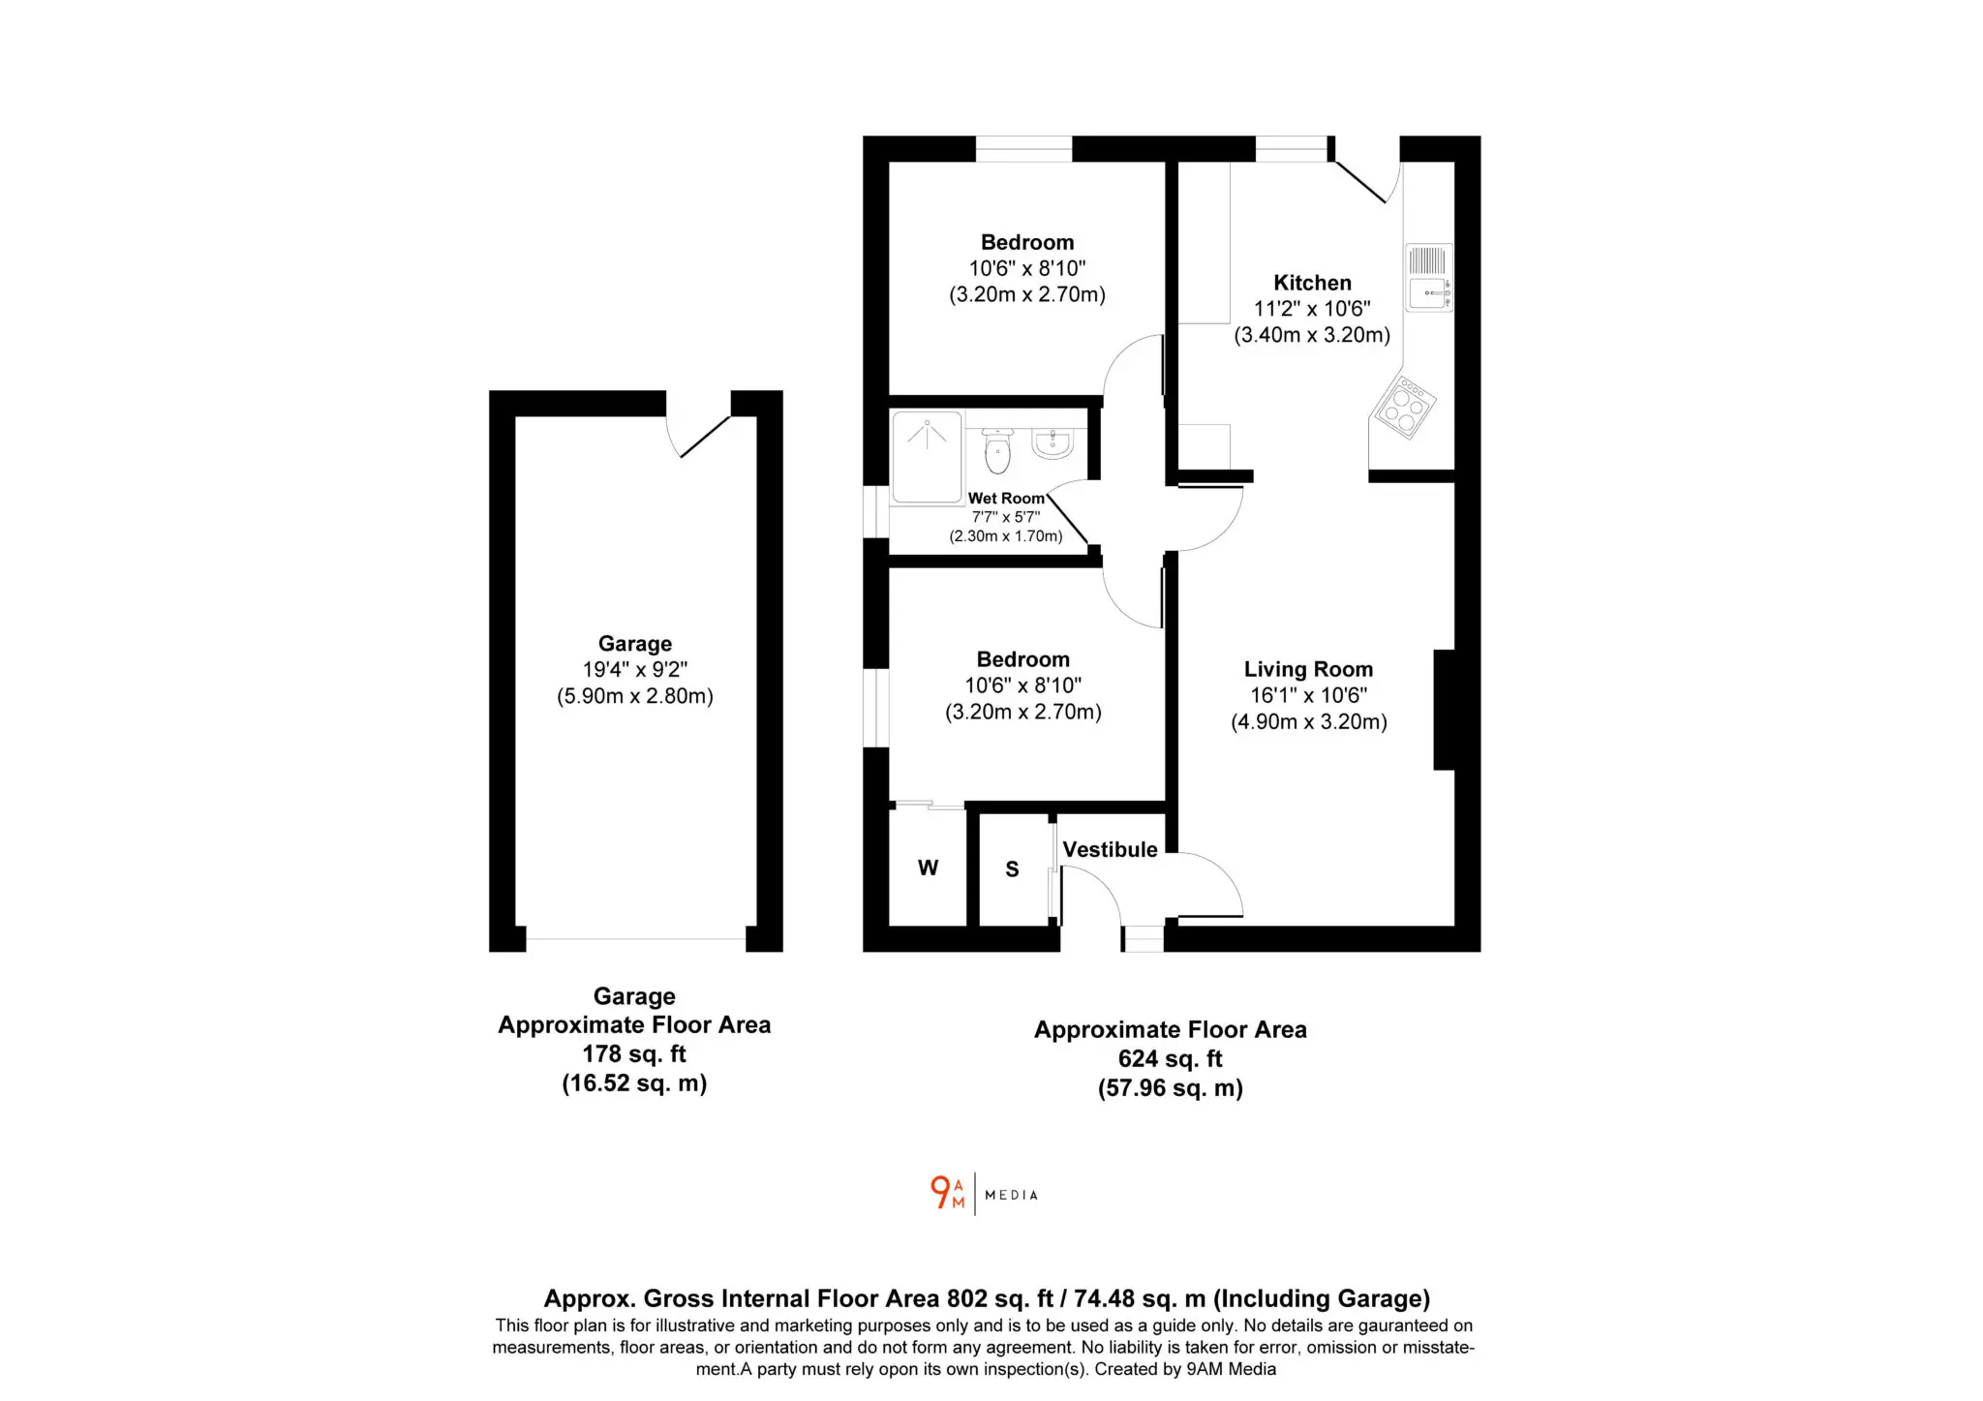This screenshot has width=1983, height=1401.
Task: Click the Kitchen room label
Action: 1312,283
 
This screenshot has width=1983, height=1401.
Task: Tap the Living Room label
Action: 1308,669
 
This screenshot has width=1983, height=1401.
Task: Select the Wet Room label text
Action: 1006,499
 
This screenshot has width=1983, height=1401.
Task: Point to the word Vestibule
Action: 1110,849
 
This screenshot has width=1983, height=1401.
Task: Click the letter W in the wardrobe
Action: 928,868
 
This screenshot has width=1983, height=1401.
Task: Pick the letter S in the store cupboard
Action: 1012,869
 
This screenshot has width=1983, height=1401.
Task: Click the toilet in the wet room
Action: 997,449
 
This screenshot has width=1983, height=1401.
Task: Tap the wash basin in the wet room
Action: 1053,443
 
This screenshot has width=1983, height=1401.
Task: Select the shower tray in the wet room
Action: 927,457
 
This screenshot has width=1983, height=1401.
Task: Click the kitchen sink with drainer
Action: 1429,278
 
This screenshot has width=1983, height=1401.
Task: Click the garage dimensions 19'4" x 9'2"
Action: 635,670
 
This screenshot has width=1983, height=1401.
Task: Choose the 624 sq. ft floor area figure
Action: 1171,1059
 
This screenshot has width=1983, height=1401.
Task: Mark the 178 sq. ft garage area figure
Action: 634,1054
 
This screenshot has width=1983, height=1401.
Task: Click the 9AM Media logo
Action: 984,1193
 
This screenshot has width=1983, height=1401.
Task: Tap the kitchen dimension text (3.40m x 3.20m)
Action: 1312,335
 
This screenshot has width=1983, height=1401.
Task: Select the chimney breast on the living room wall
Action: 1444,710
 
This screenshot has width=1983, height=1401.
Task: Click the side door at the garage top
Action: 698,426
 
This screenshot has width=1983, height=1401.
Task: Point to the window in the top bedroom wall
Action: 1023,148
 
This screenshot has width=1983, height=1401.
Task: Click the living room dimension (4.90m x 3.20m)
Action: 1309,722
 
